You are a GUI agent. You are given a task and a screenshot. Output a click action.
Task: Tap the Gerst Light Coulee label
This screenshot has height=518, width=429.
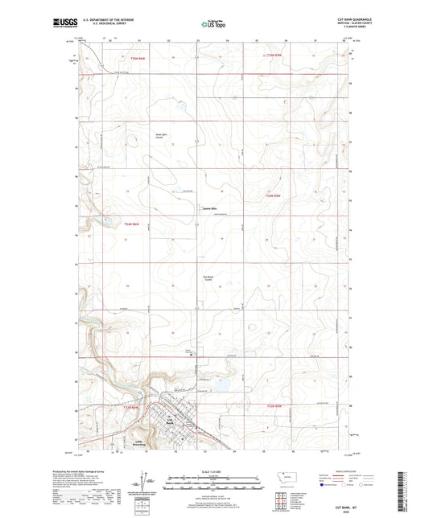[x=160, y=136]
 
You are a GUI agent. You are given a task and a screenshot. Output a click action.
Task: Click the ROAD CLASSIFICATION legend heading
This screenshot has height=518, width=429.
[x=344, y=471]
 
